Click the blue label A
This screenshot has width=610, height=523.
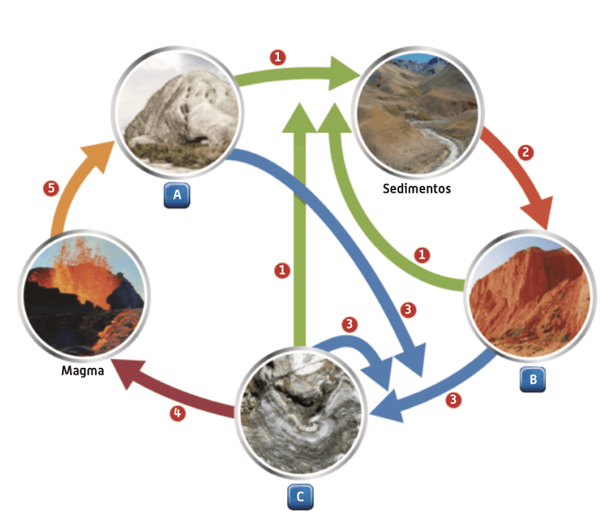177,196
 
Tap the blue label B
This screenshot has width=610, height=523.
532,380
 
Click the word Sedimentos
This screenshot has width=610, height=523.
417,187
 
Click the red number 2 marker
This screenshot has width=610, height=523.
526,152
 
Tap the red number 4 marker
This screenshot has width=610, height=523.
177,413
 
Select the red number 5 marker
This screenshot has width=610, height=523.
50,187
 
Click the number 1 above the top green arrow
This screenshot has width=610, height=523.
278,58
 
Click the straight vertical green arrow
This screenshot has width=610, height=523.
299,226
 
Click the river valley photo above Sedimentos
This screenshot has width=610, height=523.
416,113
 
